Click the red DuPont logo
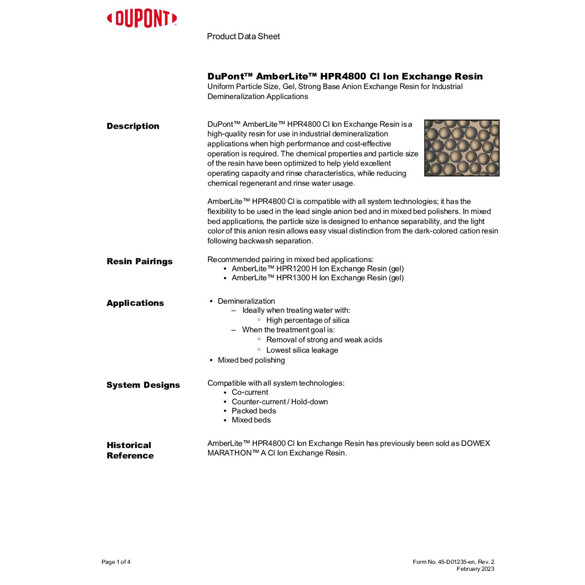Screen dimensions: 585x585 coord(142,19)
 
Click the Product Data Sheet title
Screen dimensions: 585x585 coord(243,36)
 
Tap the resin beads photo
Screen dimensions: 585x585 coord(461,148)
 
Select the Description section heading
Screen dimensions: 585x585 coord(133,126)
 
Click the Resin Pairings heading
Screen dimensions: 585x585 coord(140,261)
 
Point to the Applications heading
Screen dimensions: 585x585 coord(135,303)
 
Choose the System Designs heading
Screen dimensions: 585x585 coord(143,385)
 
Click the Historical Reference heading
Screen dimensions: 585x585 coord(130,450)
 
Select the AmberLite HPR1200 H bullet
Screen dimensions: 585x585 coord(317,269)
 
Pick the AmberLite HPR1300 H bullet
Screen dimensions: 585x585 coord(317,278)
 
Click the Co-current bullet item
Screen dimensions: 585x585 coord(250,392)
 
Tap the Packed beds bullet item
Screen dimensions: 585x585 coord(253,411)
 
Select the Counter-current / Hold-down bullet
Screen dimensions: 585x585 coord(280,401)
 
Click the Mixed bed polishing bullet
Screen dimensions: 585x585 coord(251,360)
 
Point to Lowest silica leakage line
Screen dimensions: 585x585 coord(302,350)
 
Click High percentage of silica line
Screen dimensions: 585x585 coord(307,320)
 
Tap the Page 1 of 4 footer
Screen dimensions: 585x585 coord(116,562)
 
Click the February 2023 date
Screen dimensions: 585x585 coord(475,569)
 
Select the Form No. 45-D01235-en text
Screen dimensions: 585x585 coord(444,562)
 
